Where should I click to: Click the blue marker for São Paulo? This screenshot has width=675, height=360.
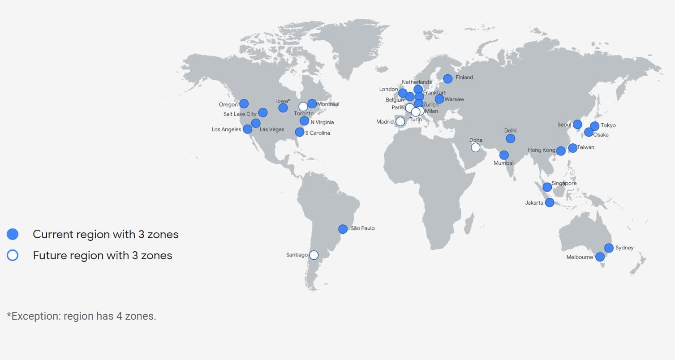pyautogui.click(x=343, y=229)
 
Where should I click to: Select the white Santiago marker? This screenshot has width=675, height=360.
pyautogui.click(x=314, y=255)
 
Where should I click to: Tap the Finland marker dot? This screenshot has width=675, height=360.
pyautogui.click(x=447, y=78)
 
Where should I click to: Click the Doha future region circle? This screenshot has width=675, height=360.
pyautogui.click(x=475, y=147)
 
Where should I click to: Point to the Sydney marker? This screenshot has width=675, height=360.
pyautogui.click(x=608, y=248)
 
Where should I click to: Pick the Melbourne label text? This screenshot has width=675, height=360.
pyautogui.click(x=580, y=257)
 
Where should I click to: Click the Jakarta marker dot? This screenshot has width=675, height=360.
pyautogui.click(x=550, y=202)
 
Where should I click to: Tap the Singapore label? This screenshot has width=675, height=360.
pyautogui.click(x=564, y=184)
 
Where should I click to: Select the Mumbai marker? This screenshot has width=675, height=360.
pyautogui.click(x=504, y=155)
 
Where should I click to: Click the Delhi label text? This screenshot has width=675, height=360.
pyautogui.click(x=510, y=131)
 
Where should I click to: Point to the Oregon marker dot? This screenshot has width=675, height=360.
pyautogui.click(x=244, y=104)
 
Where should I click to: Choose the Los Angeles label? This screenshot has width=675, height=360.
pyautogui.click(x=226, y=130)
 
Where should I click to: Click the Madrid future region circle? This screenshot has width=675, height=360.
pyautogui.click(x=400, y=121)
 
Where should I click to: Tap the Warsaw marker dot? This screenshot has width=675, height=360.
pyautogui.click(x=439, y=99)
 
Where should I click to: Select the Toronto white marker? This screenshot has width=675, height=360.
pyautogui.click(x=303, y=106)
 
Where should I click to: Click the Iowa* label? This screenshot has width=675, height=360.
pyautogui.click(x=283, y=101)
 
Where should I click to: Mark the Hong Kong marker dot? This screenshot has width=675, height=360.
pyautogui.click(x=561, y=151)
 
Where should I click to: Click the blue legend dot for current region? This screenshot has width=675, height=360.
pyautogui.click(x=13, y=234)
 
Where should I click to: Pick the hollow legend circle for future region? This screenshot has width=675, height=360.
pyautogui.click(x=13, y=256)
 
